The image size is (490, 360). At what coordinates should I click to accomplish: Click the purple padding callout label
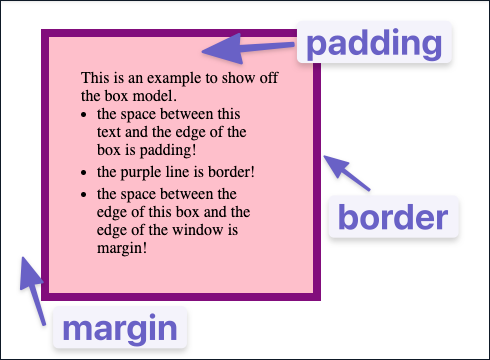374,42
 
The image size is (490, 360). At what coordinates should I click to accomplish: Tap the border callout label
393,217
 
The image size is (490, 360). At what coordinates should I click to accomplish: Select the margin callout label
120,328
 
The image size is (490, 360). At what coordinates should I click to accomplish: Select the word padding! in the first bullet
168,151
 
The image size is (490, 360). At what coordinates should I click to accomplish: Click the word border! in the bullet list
231,172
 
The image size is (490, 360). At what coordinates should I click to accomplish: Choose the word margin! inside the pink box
122,249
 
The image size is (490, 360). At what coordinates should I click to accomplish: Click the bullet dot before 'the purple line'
84,173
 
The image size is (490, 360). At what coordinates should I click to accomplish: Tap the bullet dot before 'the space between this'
84,115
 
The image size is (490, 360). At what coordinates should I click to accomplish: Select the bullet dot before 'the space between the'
84,195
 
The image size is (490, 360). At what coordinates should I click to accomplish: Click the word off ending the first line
269,78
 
